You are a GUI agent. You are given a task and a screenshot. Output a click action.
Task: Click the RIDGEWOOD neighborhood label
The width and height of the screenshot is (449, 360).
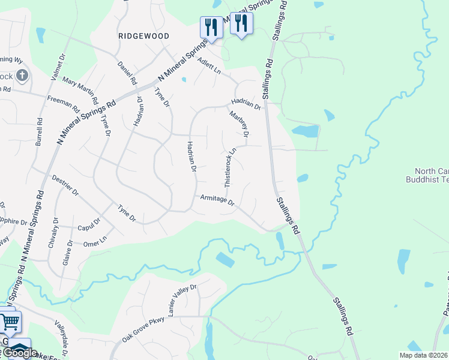pyautogui.click(x=144, y=36)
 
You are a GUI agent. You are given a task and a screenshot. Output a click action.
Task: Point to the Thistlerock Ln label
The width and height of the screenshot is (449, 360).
pyautogui.click(x=231, y=168)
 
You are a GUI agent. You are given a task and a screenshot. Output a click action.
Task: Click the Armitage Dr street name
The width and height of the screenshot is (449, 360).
pyautogui.click(x=217, y=200)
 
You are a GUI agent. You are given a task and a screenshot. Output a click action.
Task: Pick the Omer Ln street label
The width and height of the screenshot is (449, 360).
pyautogui.click(x=95, y=240)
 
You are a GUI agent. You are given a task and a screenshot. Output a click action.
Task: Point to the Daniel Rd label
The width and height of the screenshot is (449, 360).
pyautogui.click(x=128, y=73)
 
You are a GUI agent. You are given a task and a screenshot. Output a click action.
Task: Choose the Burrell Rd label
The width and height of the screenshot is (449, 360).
pyautogui.click(x=40, y=131)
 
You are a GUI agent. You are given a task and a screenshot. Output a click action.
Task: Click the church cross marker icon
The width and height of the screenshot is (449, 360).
pyautogui.click(x=22, y=76)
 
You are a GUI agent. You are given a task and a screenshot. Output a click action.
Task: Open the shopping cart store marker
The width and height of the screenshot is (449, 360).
pyautogui.click(x=10, y=322)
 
